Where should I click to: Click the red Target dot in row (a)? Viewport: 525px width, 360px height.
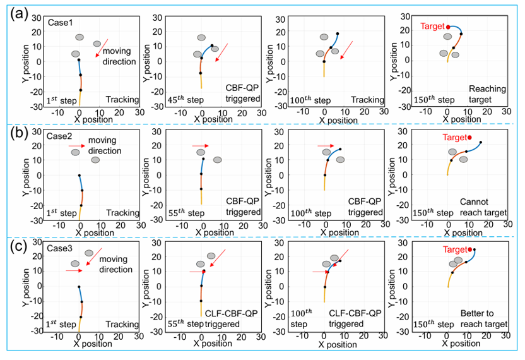pos(448,27)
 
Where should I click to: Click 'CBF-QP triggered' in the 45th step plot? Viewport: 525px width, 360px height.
pos(244,94)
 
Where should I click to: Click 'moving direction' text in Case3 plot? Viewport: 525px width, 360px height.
pos(118,265)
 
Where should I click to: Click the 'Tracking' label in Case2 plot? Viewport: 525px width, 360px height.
pos(122,213)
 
